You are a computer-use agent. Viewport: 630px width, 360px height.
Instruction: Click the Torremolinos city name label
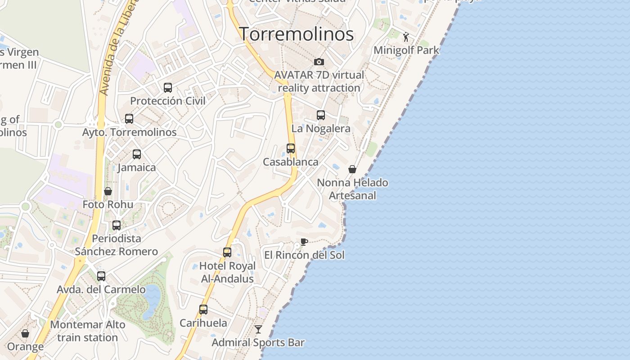(x=296, y=34)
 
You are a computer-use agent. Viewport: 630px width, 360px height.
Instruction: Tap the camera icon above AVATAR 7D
(x=319, y=62)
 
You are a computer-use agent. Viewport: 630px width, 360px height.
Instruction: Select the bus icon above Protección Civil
(x=168, y=88)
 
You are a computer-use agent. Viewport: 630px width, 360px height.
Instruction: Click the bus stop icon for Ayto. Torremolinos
(x=129, y=119)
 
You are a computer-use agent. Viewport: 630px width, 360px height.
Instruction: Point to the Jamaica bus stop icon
(x=137, y=154)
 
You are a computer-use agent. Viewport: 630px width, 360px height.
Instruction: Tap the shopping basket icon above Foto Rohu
(x=108, y=191)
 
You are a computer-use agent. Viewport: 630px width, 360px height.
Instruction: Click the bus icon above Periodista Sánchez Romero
(x=117, y=225)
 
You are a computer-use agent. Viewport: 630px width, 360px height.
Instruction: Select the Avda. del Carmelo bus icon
(x=101, y=276)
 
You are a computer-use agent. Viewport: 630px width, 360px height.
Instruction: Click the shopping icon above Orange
(x=25, y=333)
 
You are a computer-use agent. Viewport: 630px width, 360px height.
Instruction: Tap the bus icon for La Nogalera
(x=321, y=115)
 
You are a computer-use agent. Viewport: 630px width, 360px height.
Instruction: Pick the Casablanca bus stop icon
(x=291, y=148)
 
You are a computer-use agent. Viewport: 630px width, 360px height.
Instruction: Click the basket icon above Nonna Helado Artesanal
(x=352, y=169)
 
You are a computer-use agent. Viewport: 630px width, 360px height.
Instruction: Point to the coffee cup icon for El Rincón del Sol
(x=304, y=242)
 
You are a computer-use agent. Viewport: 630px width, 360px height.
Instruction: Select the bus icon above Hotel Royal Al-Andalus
(x=227, y=252)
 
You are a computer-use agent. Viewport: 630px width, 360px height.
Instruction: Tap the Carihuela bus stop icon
(x=203, y=310)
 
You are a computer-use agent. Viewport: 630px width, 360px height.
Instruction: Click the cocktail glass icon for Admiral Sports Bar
(x=258, y=329)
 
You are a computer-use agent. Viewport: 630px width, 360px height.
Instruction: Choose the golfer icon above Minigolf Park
(x=406, y=37)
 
